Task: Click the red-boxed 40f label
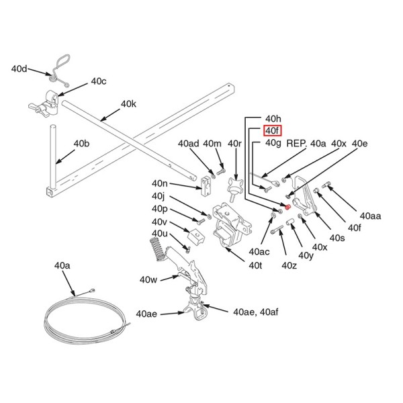(272, 130)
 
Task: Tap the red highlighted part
(288, 207)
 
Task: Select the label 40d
(19, 69)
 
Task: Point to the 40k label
(128, 104)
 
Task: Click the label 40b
(81, 144)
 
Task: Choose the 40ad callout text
(188, 144)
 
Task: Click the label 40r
(234, 144)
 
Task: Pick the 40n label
(160, 183)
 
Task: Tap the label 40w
(148, 279)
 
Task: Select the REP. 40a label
(306, 144)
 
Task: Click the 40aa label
(370, 216)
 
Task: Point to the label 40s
(337, 238)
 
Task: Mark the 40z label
(289, 266)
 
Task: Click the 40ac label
(259, 251)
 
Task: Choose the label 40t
(255, 266)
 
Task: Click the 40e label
(359, 144)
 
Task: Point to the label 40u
(159, 232)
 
